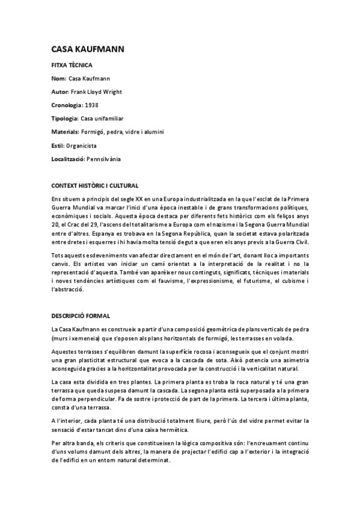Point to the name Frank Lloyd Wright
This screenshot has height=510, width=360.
(x=96, y=91)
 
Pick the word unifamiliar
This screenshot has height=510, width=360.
(x=121, y=118)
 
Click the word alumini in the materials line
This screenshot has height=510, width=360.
(x=154, y=131)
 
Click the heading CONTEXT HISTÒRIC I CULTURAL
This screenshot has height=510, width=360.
(x=95, y=186)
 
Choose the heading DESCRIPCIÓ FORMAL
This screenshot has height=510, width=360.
(x=81, y=316)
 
